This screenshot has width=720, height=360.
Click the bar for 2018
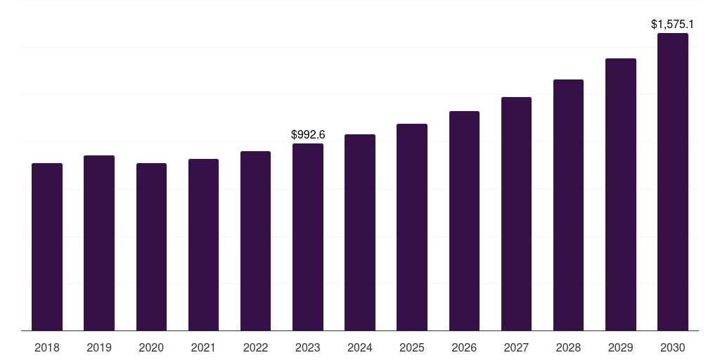coord(47,247)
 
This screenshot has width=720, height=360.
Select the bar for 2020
coord(151,247)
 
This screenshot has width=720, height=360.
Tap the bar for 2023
coord(308,237)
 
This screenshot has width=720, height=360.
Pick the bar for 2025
coord(412,227)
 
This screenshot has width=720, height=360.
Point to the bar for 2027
coord(516,214)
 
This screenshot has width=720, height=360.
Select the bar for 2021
coord(203,245)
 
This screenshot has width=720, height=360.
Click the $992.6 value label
coord(308,134)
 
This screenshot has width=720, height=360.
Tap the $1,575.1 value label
coord(672,25)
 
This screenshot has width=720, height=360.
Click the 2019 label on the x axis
coord(99,347)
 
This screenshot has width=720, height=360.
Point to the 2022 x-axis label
coord(256,347)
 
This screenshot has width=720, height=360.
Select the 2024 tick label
coord(360,347)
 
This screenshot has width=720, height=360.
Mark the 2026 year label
coord(464,347)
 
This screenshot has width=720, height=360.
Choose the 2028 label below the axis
coord(568,347)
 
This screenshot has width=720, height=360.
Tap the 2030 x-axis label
coord(673,347)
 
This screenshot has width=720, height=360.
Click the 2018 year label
coord(47,347)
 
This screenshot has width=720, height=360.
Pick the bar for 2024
coord(360,232)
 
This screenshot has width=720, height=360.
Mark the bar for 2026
coord(464,221)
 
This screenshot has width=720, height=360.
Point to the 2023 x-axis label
coord(308,347)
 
